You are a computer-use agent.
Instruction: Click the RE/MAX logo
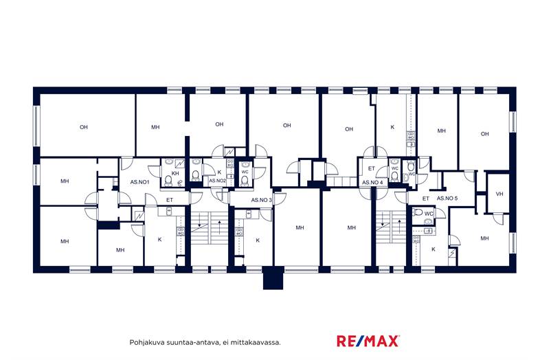[368, 341]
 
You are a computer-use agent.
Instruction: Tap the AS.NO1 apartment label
[140, 182]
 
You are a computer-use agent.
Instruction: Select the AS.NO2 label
[217, 181]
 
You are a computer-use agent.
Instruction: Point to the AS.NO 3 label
[261, 200]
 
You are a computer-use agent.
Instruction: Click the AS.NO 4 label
[372, 182]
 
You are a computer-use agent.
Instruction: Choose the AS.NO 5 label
[447, 199]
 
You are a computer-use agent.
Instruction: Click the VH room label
[499, 194]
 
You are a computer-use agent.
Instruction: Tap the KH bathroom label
[175, 173]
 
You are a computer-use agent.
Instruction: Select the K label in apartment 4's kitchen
[392, 127]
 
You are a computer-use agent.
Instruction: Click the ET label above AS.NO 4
[371, 168]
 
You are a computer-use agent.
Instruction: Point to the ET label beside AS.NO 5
[426, 199]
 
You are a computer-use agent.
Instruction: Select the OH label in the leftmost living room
[84, 127]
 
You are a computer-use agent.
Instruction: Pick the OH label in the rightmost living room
[484, 134]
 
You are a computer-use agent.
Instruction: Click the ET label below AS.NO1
[170, 200]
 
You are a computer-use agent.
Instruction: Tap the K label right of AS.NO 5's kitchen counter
[434, 249]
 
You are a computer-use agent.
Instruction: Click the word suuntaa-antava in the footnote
[192, 342]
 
